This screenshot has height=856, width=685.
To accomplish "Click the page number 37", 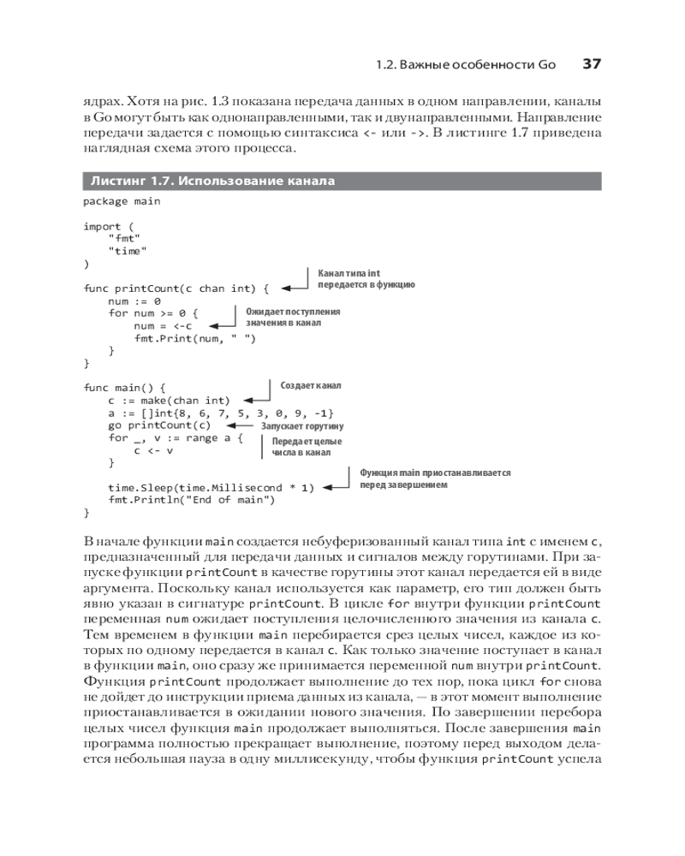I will (x=592, y=63).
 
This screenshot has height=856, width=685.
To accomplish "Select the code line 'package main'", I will (x=121, y=201).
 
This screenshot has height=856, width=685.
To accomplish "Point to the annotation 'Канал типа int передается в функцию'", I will (x=366, y=277).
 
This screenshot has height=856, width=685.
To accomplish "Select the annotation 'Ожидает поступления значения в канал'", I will (x=293, y=318).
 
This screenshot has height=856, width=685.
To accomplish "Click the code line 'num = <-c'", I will (x=164, y=326).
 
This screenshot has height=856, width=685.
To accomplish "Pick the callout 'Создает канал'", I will (x=311, y=386).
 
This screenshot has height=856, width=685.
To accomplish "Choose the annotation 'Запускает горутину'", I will (x=295, y=425).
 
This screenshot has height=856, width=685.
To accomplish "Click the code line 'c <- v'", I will (x=153, y=450).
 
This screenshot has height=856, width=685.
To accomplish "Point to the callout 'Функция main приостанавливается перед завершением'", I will (x=434, y=478).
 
